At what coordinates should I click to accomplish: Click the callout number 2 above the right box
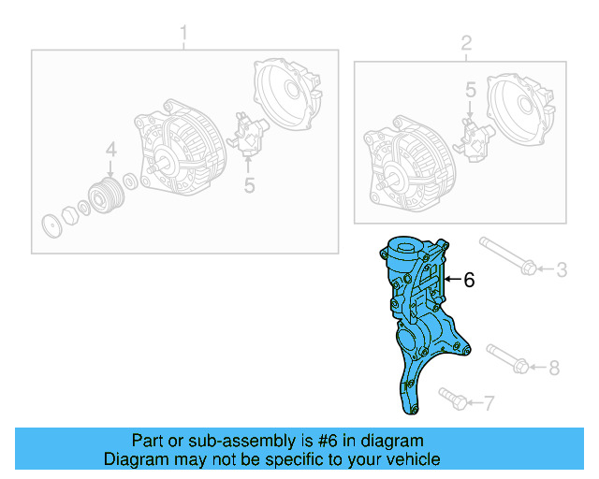[465, 43]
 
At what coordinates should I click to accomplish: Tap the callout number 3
[562, 270]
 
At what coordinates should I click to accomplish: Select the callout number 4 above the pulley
[110, 150]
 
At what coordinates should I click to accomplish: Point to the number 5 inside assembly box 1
[249, 185]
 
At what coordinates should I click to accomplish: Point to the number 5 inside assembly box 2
[472, 90]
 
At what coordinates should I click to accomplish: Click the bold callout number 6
[470, 279]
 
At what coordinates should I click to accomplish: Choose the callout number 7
[488, 403]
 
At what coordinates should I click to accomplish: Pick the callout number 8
[553, 368]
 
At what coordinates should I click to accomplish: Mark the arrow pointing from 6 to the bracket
[453, 279]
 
